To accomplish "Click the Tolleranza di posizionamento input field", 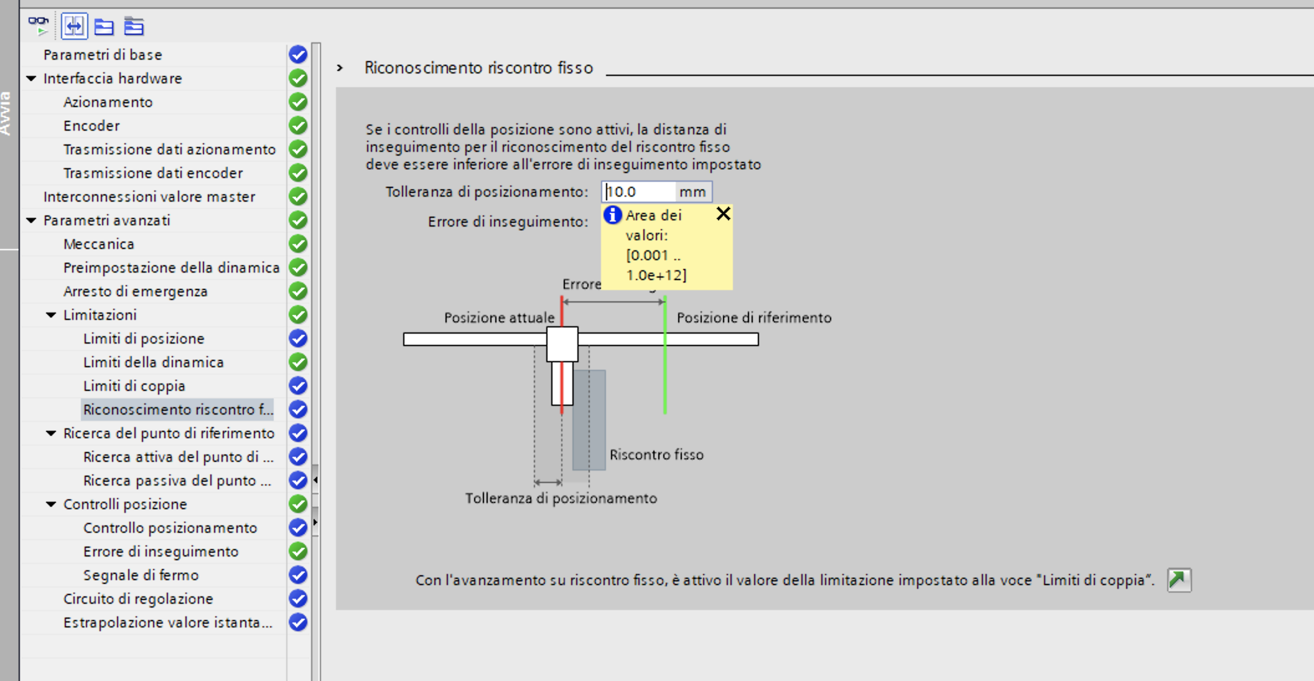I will pyautogui.click(x=639, y=192).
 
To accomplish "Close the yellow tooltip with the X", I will pyautogui.click(x=723, y=214).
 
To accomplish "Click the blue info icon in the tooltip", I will pyautogui.click(x=613, y=215).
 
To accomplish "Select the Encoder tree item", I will pyautogui.click(x=91, y=126).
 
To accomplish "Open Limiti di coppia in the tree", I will pyautogui.click(x=134, y=386).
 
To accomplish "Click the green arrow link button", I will pyautogui.click(x=1178, y=580).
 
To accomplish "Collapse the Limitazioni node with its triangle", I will pyautogui.click(x=51, y=315).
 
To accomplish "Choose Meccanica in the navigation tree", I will pyautogui.click(x=99, y=244).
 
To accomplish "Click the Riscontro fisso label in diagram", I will pyautogui.click(x=656, y=455).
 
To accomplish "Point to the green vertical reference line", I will pyautogui.click(x=665, y=373).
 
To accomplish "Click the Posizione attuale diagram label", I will pyautogui.click(x=499, y=318).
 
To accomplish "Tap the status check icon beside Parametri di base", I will pyautogui.click(x=298, y=55).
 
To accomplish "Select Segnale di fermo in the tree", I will pyautogui.click(x=141, y=575).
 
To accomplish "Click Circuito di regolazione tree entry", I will pyautogui.click(x=138, y=599).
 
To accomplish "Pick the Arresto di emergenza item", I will pyautogui.click(x=136, y=291).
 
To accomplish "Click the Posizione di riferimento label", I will pyautogui.click(x=754, y=318).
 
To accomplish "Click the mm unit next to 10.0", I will pyautogui.click(x=692, y=192).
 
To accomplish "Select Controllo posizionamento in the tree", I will pyautogui.click(x=170, y=528).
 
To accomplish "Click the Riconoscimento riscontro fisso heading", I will pyautogui.click(x=478, y=68).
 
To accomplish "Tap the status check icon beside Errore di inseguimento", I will pyautogui.click(x=298, y=552).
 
